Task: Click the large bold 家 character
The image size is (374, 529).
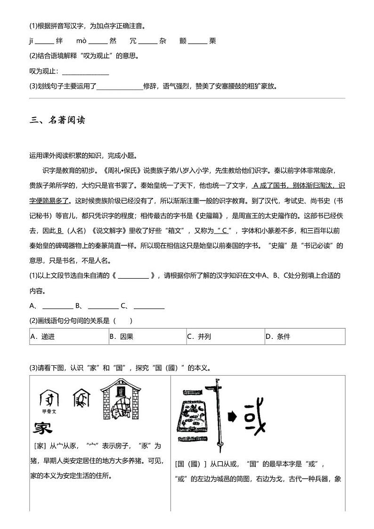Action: [42, 428]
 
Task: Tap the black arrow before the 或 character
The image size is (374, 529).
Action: [233, 416]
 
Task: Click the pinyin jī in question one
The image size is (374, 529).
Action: [31, 41]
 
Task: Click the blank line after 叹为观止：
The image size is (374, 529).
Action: [85, 72]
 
